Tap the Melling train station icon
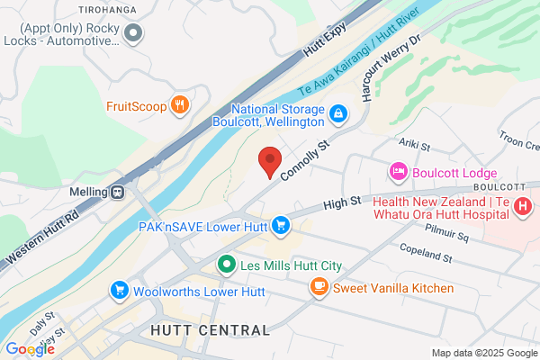tap(118, 192)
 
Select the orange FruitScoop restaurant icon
tap(181, 105)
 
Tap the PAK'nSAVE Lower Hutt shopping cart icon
tap(281, 224)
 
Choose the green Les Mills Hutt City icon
tap(227, 265)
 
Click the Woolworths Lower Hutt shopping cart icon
tap(119, 291)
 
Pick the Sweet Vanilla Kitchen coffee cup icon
tap(319, 287)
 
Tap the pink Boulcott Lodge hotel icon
tap(397, 171)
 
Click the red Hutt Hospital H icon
tap(523, 207)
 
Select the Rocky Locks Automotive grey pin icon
tap(135, 34)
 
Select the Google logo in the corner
tap(30, 349)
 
